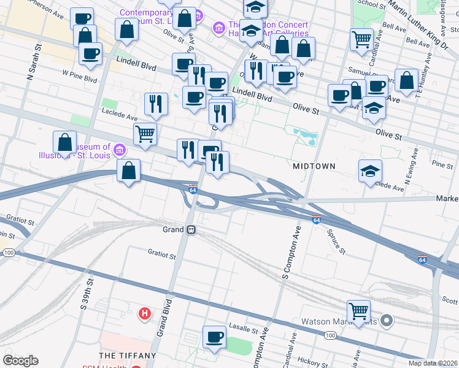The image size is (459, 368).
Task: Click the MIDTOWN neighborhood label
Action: click(314, 166)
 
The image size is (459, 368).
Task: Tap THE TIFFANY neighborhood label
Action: click(128, 356)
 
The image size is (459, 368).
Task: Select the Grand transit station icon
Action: click(191, 229)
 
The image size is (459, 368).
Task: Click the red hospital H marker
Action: click(145, 314)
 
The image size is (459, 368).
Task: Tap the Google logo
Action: click(20, 361)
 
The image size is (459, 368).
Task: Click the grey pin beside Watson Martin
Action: click(386, 320)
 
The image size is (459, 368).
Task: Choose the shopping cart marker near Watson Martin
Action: click(358, 311)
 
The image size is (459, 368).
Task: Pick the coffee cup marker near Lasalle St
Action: click(214, 337)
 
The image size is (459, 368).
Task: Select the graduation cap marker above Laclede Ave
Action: click(370, 171)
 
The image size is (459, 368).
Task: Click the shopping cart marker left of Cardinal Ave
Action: click(361, 39)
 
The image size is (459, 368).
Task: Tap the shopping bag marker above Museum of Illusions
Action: click(64, 142)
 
